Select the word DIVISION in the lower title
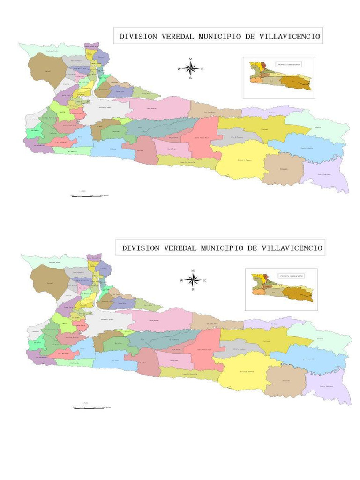pyautogui.click(x=139, y=248)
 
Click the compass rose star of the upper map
pyautogui.click(x=191, y=69)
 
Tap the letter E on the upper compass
pyautogui.click(x=202, y=69)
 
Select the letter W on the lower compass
pyautogui.click(x=181, y=281)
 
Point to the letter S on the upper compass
pyautogui.click(x=191, y=79)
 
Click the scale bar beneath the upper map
pyautogui.click(x=87, y=195)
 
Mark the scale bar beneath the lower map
pyautogui.click(x=89, y=407)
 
